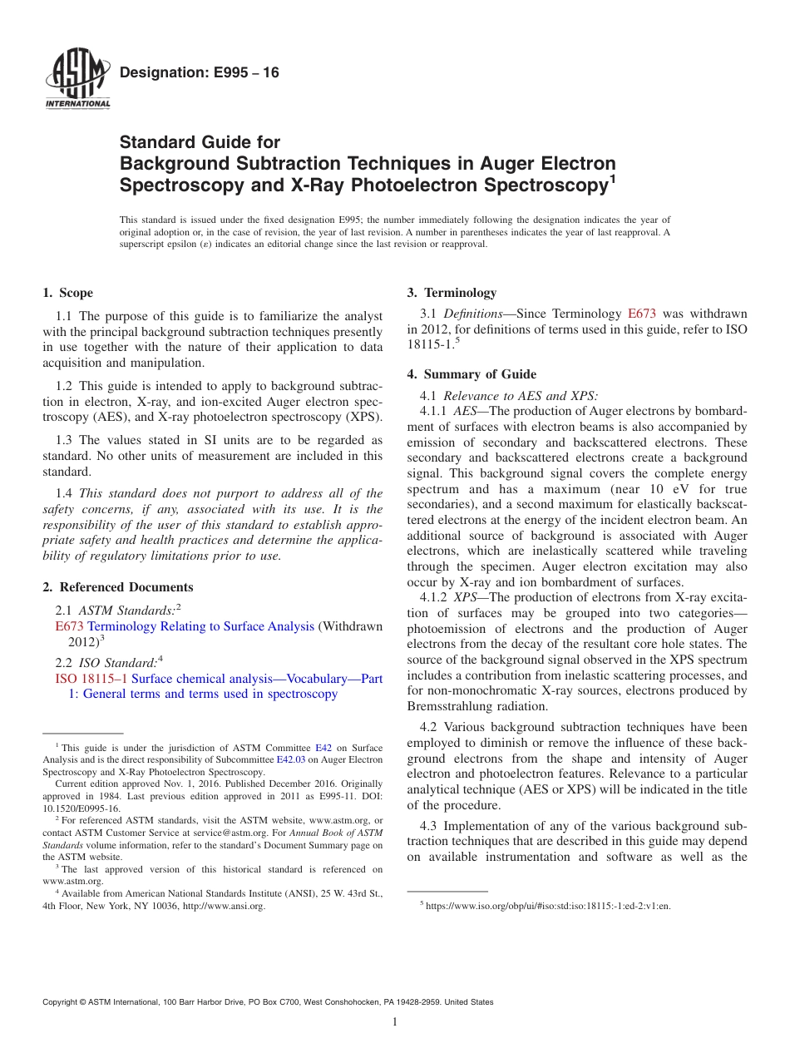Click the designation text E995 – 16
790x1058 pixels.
pos(200,73)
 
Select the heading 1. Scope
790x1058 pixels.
pos(67,293)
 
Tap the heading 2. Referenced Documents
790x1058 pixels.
pos(118,587)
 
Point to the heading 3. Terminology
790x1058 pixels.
pos(452,293)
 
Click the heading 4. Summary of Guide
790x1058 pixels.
pos(472,374)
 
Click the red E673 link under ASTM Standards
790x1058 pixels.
pos(69,626)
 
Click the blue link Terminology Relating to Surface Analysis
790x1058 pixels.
pos(200,626)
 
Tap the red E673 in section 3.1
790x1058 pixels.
pos(641,314)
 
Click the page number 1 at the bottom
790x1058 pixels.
pos(395,1021)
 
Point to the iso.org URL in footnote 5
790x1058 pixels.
pos(548,906)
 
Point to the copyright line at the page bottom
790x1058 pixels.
pos(268,1002)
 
